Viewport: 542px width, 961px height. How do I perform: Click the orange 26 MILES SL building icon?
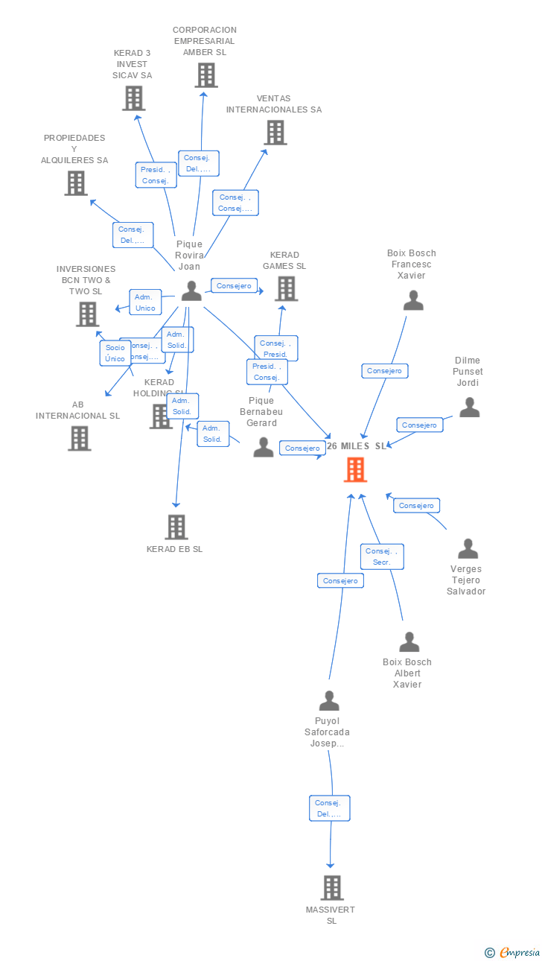pos(355,470)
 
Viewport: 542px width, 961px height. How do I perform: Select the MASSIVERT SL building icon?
pos(332,887)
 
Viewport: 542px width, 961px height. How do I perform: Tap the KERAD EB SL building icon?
pos(176,527)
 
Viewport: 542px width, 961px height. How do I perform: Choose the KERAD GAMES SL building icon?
pos(287,288)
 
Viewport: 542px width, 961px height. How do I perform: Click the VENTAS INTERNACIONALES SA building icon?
pos(275,133)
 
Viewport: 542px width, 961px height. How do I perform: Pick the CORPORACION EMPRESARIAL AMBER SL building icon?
pos(206,75)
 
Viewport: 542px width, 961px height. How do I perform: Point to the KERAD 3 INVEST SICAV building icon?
pos(134,98)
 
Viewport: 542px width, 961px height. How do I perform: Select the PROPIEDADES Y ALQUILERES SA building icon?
pos(76,183)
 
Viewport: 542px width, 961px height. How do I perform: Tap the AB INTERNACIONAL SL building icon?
pos(80,438)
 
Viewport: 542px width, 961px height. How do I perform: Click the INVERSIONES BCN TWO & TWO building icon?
pos(88,314)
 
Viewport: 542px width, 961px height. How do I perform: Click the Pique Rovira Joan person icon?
pos(191,291)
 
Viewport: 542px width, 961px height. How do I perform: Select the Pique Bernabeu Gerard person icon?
pos(264,447)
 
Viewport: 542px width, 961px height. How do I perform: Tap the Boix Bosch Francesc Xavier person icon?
pos(413,300)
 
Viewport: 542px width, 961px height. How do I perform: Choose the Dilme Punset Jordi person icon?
pos(469,407)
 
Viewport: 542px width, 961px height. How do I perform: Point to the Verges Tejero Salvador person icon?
pos(468,548)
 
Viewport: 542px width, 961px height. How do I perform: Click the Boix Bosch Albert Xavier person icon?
pos(409,641)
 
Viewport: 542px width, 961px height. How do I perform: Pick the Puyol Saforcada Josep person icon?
pos(329,701)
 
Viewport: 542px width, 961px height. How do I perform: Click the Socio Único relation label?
pos(115,353)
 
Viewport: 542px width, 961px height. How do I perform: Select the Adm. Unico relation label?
pos(145,302)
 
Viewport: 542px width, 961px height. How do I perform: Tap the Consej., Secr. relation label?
pos(383,556)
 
